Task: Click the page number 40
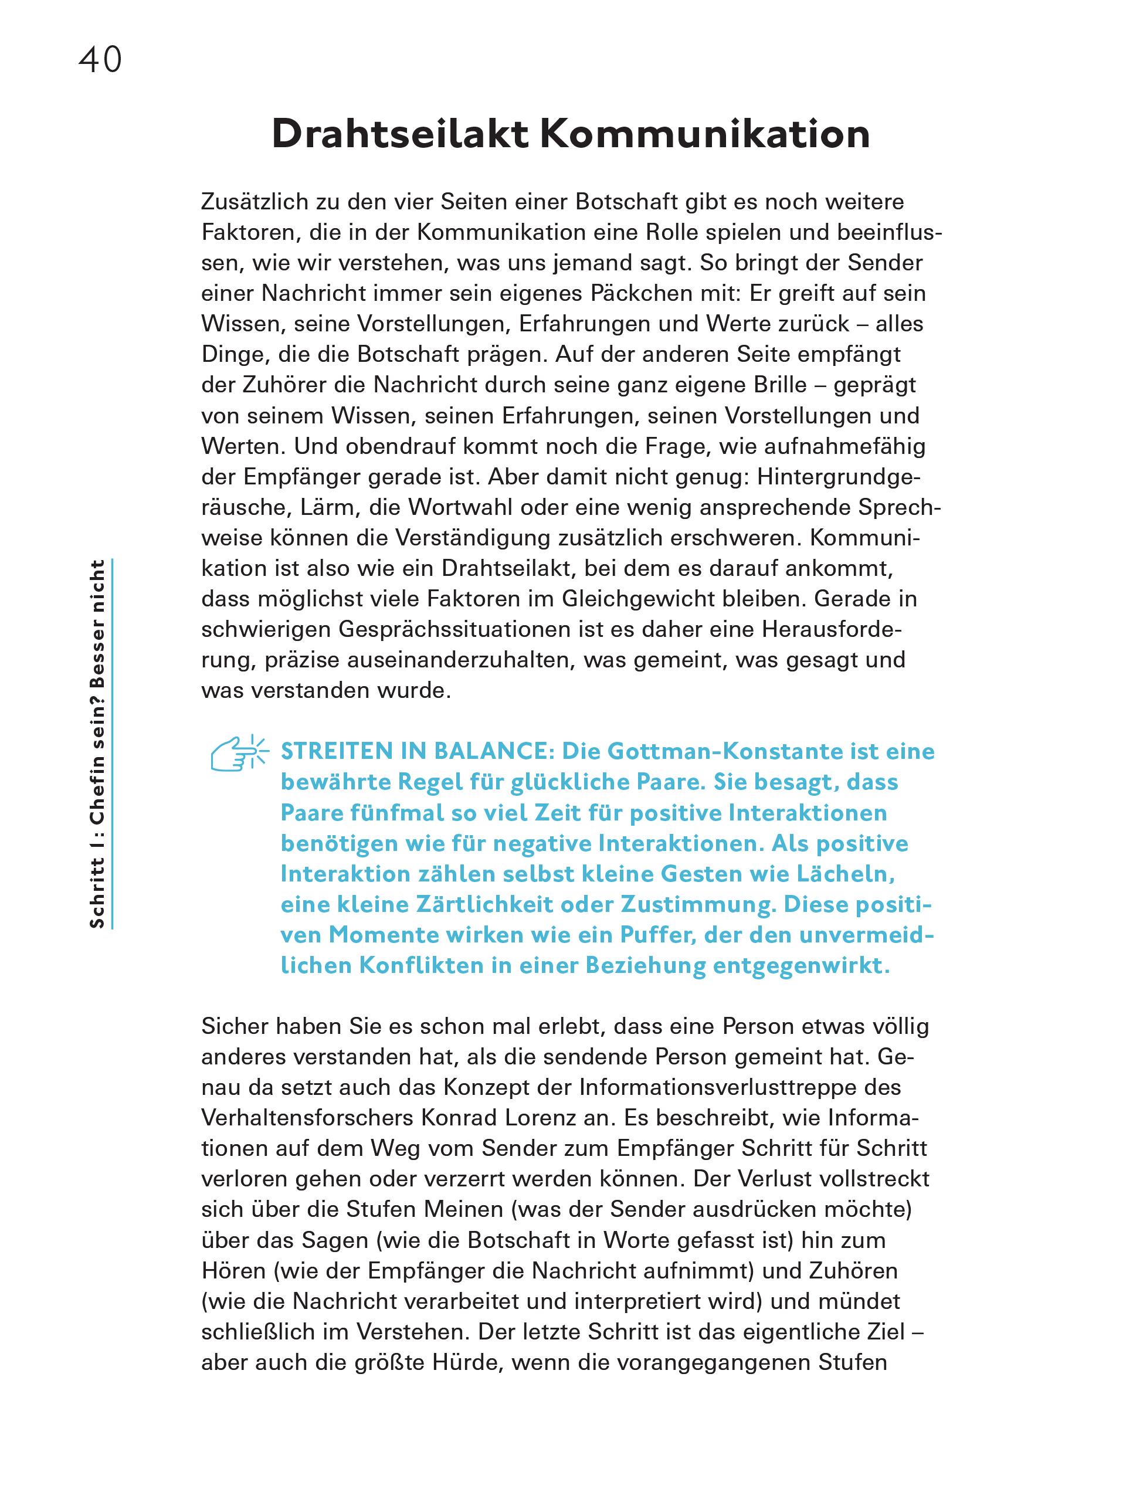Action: tap(100, 60)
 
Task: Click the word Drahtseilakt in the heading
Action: tap(399, 133)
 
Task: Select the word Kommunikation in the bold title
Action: tap(705, 133)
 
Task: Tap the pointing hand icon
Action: tap(238, 753)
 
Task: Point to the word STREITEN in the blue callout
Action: tap(337, 751)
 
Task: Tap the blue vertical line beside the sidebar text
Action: tap(112, 744)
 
